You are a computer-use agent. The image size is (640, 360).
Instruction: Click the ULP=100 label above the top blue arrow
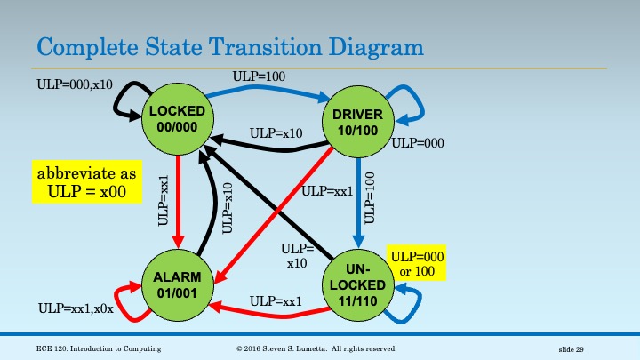260,77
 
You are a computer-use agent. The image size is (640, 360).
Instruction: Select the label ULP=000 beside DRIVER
418,142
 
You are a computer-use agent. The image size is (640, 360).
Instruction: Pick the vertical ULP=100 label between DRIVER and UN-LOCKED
371,197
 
